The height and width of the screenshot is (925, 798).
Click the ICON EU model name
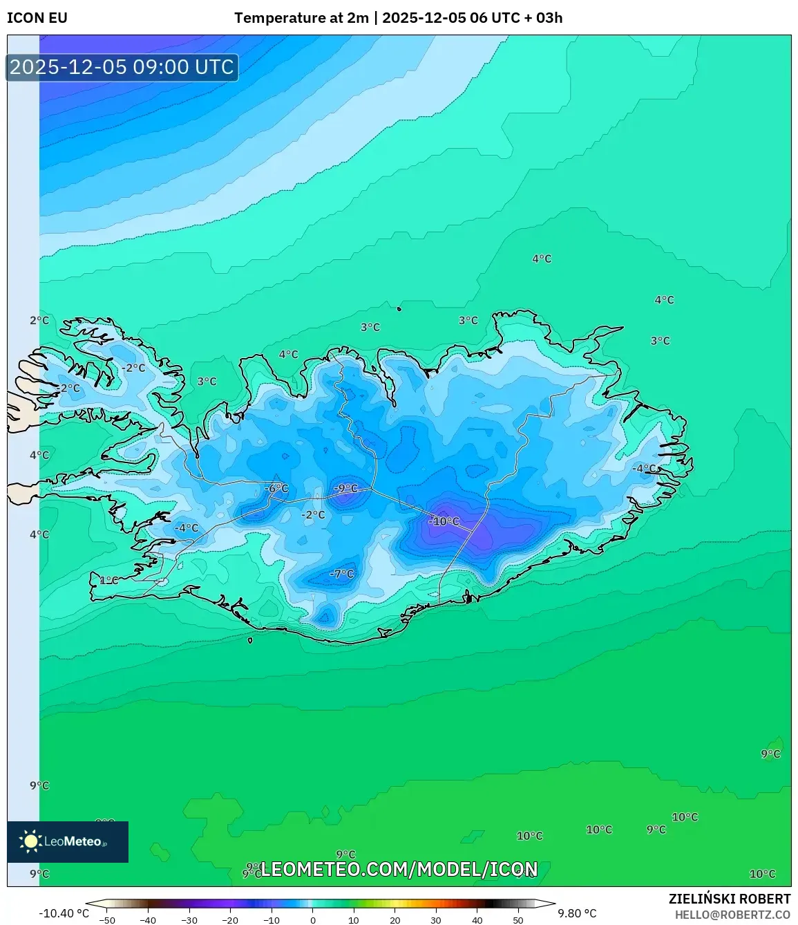point(37,18)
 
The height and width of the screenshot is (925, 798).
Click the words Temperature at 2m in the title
point(301,18)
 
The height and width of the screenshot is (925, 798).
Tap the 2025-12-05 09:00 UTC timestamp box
point(122,67)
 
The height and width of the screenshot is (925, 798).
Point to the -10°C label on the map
point(444,521)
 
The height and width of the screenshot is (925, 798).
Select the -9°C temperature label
point(346,489)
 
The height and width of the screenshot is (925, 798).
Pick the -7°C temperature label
point(341,574)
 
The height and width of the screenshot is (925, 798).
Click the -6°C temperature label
point(276,488)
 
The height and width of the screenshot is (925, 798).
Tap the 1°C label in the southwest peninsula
point(108,581)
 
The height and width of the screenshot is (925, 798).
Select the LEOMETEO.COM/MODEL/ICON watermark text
point(399,869)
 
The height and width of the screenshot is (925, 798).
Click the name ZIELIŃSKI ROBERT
point(730,899)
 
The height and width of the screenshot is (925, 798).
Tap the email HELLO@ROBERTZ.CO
point(732,915)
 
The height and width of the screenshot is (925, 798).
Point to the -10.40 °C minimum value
point(64,913)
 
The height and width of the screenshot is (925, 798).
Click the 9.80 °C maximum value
point(577,913)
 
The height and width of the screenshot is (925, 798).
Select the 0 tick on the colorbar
point(313,920)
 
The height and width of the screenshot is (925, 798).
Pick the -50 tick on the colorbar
point(107,920)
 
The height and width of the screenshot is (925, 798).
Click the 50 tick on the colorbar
point(518,920)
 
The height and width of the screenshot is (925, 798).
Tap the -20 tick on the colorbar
point(230,920)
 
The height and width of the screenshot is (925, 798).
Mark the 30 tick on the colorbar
point(436,920)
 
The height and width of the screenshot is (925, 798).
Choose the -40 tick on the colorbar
point(148,920)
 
